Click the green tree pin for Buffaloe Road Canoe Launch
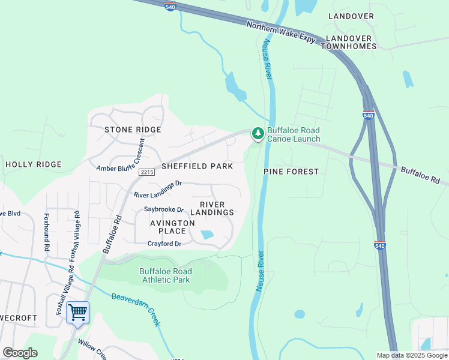pos(258,133)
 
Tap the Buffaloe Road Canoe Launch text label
pos(294,134)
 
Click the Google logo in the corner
pos(20,353)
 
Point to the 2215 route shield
pos(146,172)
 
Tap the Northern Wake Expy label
pos(281,31)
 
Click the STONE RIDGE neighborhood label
pos(133,130)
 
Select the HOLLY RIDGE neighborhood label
pos(34,164)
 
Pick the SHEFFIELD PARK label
pos(196,166)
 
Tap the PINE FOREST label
pos(291,172)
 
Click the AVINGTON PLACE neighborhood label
pos(172,227)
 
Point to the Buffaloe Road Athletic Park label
pos(165,275)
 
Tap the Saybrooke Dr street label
pos(164,209)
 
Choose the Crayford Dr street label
pos(164,244)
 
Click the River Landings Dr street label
pos(157,190)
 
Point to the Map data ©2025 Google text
pos(411,355)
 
